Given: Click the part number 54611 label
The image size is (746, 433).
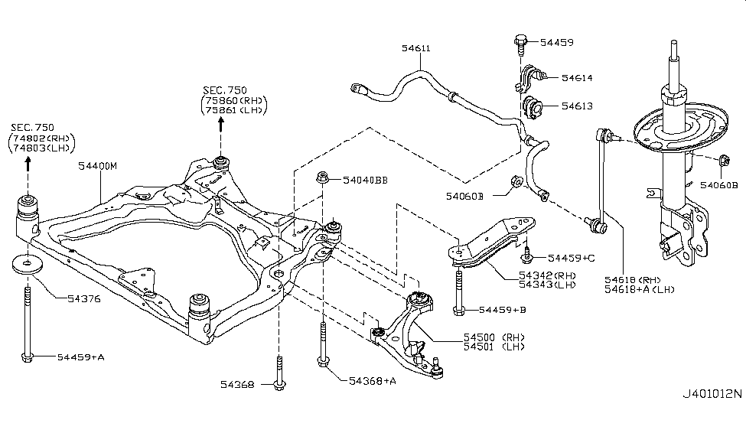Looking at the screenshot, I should coord(416,48).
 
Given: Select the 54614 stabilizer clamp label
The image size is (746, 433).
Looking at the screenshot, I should coord(577,77).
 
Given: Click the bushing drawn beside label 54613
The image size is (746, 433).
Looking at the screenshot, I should coord(530,105).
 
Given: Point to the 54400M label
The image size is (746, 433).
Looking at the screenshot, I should coord(97,165).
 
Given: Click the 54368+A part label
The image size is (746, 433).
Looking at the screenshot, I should coord(373,380).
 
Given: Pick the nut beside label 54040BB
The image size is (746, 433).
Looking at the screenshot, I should coord(324,180).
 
